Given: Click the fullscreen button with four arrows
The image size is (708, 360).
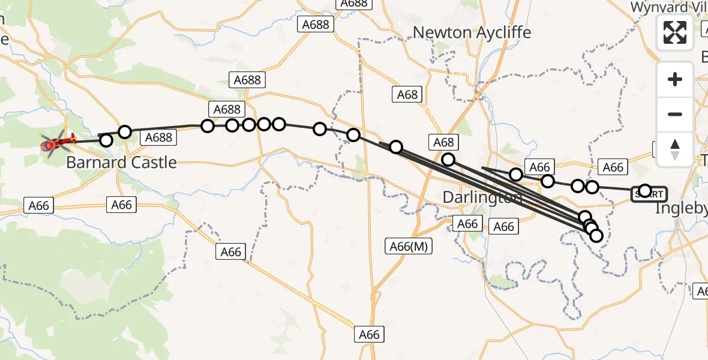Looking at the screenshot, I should point(675,32).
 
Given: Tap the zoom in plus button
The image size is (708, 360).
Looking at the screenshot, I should point(675,79).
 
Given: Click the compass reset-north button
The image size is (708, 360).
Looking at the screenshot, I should point(675,149).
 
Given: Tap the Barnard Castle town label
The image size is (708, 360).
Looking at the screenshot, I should point(121,162).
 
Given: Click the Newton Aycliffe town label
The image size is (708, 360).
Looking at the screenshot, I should point(472,32).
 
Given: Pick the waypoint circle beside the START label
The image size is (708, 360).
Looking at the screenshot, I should point(644,191).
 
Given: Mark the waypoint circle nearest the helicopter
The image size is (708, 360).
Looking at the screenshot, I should point(106,140).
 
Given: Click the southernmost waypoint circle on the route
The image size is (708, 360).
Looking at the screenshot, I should point(596,236).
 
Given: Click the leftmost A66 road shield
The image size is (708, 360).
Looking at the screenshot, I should point(38,205).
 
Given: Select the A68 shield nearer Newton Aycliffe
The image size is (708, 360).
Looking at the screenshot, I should point(407,94).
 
